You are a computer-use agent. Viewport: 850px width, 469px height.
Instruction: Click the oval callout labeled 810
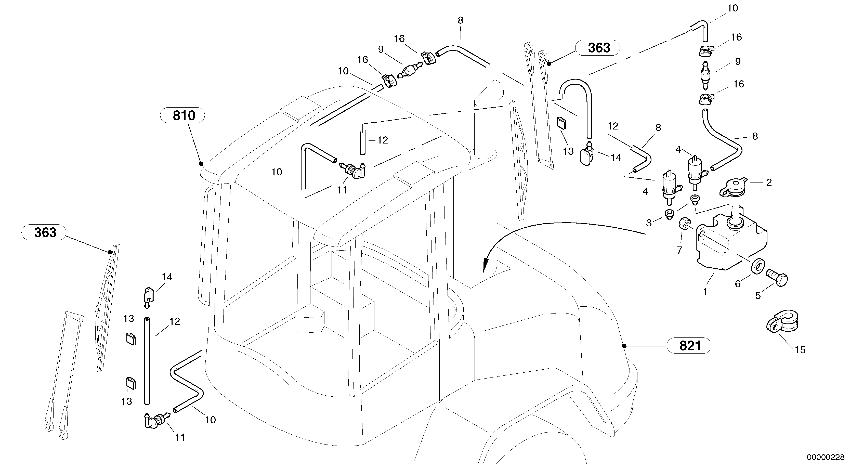coord(182,115)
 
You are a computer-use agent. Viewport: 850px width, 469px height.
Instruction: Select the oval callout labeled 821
coord(689,346)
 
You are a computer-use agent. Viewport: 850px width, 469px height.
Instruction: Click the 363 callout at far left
coord(44,232)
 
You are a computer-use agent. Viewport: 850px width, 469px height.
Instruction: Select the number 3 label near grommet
coord(649,223)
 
